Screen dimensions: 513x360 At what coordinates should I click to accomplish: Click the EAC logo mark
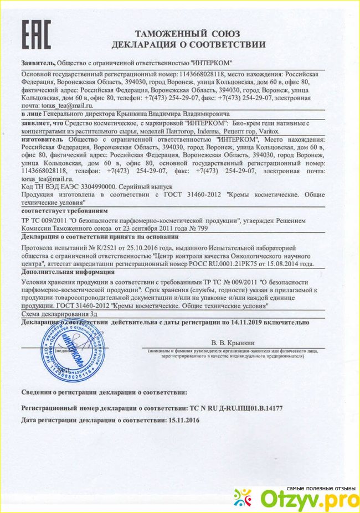[x=36, y=34]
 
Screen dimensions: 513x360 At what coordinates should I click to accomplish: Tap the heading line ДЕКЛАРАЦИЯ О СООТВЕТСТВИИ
[x=188, y=44]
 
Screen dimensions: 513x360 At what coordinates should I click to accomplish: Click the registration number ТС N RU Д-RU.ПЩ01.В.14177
[x=236, y=407]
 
